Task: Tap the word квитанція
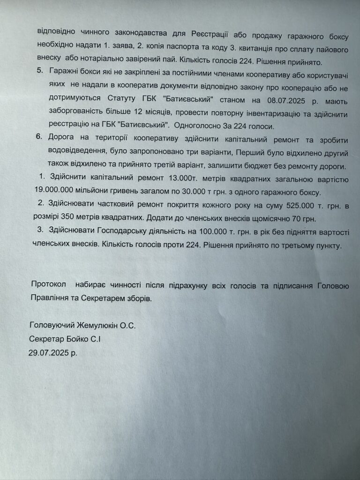pos(230,48)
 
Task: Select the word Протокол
pos(49,285)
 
